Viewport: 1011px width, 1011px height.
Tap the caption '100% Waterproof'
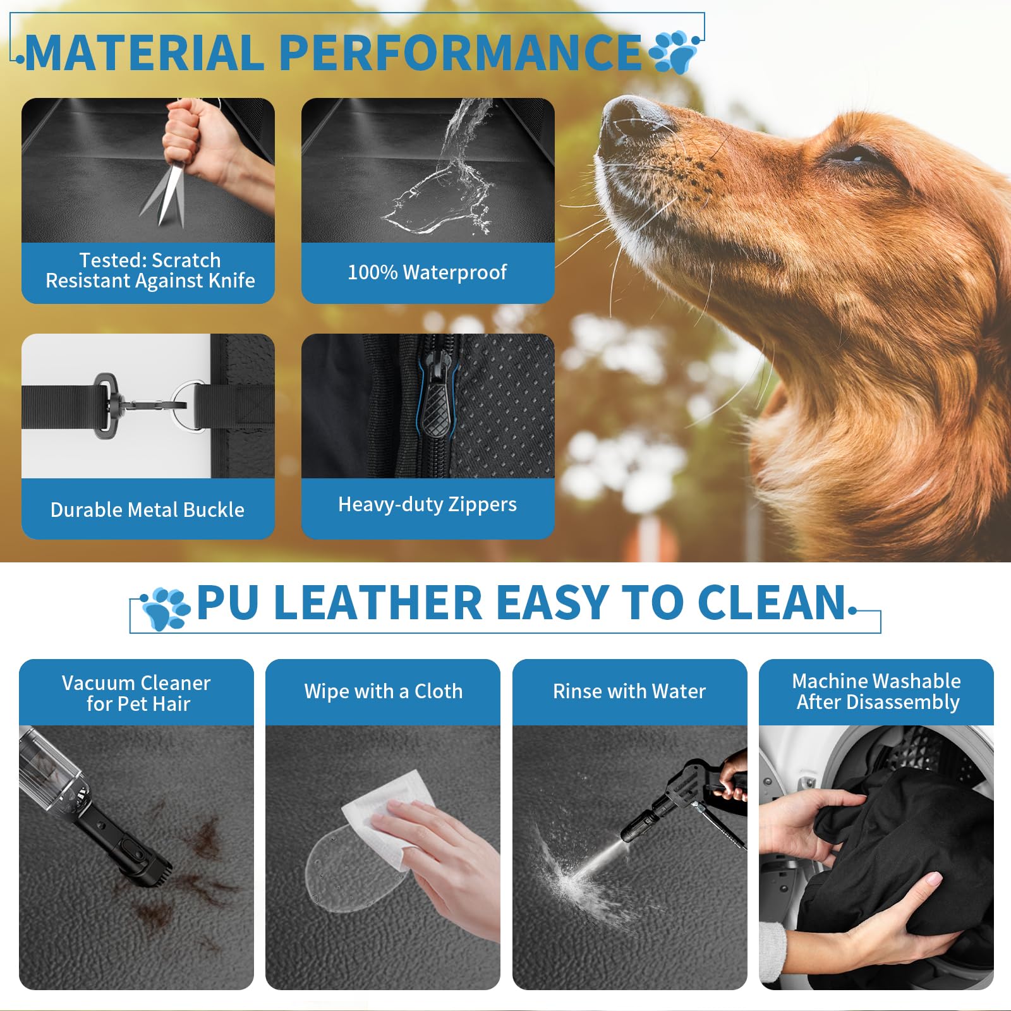point(427,272)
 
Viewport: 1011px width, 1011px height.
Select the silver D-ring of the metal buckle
point(190,405)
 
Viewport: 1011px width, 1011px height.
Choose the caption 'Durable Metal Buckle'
point(147,510)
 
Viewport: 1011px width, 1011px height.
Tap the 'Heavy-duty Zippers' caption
point(427,504)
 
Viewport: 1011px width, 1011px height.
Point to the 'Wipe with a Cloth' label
point(383,691)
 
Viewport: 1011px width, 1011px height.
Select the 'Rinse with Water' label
point(629,691)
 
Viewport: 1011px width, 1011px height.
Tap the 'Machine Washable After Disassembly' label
point(877,691)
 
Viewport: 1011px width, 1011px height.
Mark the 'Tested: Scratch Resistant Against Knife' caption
point(150,270)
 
